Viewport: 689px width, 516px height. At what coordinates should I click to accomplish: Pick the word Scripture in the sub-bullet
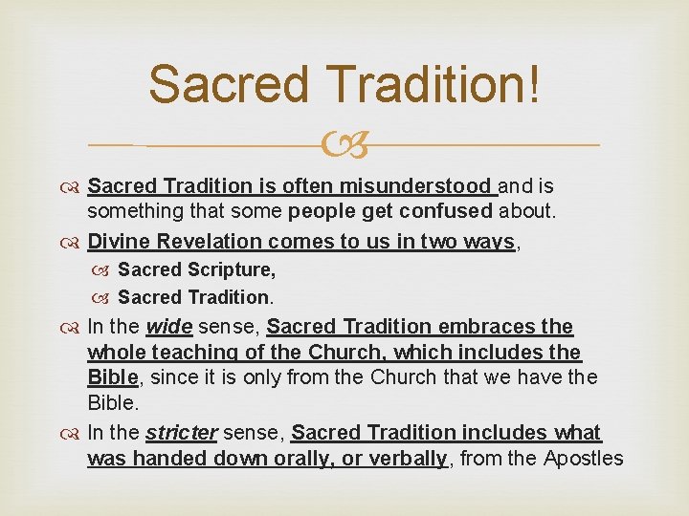[232, 270]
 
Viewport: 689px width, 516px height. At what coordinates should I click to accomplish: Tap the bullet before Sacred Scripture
[103, 271]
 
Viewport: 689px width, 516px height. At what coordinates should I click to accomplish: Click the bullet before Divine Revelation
[73, 243]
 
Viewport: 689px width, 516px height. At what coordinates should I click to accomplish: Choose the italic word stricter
[182, 433]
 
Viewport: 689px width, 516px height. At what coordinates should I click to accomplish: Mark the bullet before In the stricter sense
[73, 434]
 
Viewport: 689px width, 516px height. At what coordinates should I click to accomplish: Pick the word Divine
[114, 242]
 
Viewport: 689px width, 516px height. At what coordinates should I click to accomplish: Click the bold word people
[322, 210]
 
